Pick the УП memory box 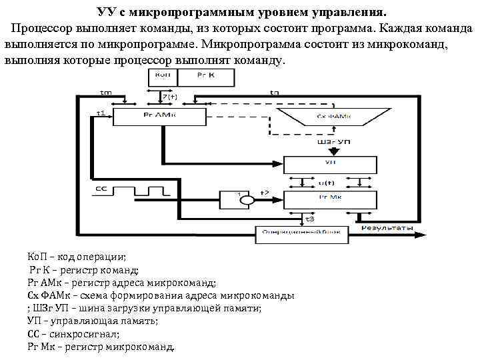329,163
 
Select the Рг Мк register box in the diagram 329,199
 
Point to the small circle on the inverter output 247,200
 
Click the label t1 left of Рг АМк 101,113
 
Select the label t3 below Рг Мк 309,219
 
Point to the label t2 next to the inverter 264,193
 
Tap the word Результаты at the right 387,229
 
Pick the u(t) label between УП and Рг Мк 328,181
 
